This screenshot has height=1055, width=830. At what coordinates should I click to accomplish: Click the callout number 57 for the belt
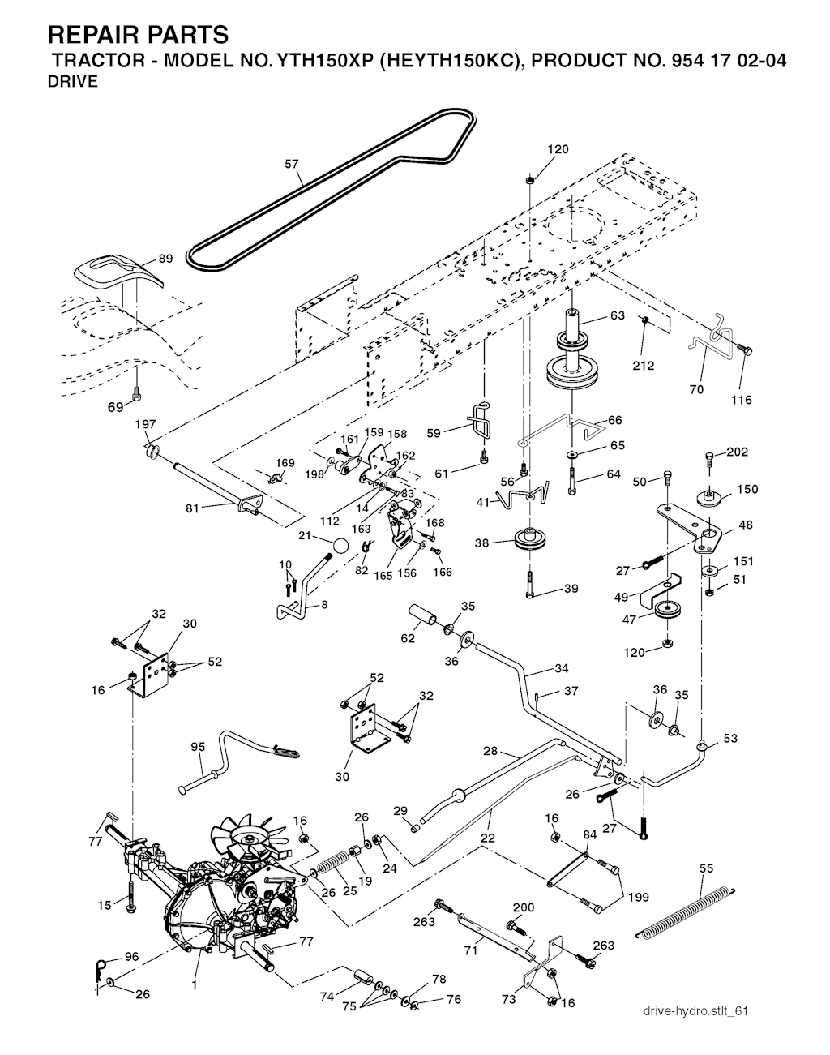(x=292, y=164)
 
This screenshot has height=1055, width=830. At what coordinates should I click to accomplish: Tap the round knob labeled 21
(x=341, y=545)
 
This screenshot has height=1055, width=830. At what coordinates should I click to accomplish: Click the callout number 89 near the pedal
(x=165, y=259)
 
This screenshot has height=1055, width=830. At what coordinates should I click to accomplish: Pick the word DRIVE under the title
(x=74, y=81)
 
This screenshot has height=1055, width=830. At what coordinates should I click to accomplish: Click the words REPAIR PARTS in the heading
(x=139, y=35)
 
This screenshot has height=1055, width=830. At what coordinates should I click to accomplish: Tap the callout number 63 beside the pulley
(x=618, y=315)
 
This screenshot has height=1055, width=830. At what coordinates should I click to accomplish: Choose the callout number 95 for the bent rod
(x=197, y=747)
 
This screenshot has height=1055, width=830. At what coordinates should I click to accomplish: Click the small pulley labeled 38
(x=529, y=539)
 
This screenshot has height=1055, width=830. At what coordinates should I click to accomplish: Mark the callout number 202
(x=737, y=452)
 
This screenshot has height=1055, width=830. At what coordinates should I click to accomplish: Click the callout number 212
(x=644, y=365)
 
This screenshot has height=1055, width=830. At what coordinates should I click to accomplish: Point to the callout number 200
(x=524, y=907)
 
